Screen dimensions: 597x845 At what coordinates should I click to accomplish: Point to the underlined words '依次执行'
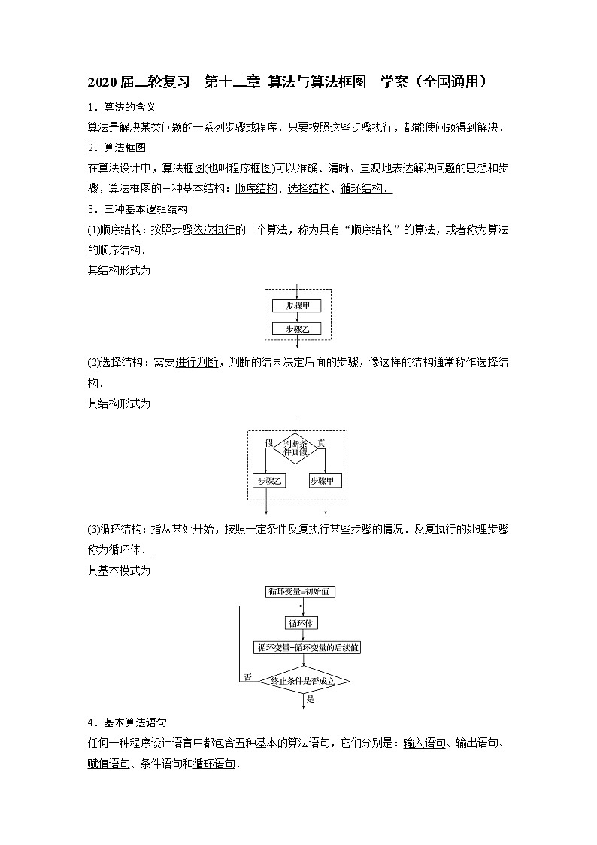click(214, 229)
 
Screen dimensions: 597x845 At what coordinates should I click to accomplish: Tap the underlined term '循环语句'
click(214, 764)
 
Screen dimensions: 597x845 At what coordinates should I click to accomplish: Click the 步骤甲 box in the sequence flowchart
click(298, 305)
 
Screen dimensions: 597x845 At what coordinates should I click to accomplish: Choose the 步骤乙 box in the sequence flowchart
click(298, 329)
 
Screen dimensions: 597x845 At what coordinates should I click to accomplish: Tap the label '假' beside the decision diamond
click(268, 442)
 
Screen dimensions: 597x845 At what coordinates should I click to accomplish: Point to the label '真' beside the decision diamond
click(322, 442)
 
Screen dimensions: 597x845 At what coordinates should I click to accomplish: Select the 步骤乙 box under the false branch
click(268, 480)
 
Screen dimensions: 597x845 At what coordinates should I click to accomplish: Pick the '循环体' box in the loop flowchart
click(302, 623)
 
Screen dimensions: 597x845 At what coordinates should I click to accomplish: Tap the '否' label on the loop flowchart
click(247, 677)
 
